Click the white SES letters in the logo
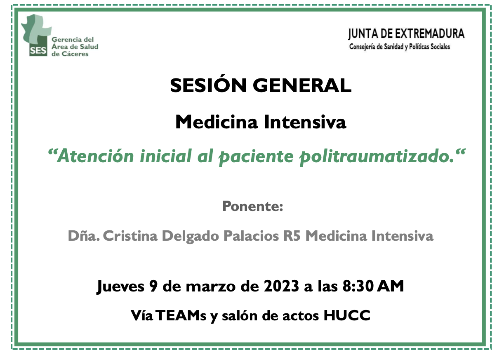[x=38, y=51]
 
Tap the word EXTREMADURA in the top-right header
[x=430, y=34]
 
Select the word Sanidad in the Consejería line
[x=393, y=47]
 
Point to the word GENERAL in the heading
[x=302, y=85]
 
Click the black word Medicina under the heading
[x=217, y=122]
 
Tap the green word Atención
[x=96, y=156]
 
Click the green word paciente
[x=256, y=157]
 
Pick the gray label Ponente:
[x=253, y=206]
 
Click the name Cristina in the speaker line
[x=130, y=236]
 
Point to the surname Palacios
[x=251, y=236]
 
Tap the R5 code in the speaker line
[x=292, y=236]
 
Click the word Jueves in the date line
[x=120, y=287]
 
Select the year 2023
[x=281, y=287]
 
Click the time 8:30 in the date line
[x=358, y=287]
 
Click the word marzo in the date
[x=211, y=287]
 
